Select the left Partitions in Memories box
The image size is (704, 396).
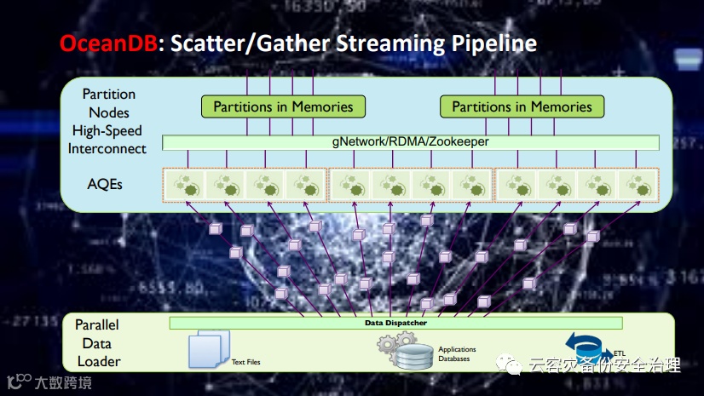coord(283,106)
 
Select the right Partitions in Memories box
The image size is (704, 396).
coord(522,106)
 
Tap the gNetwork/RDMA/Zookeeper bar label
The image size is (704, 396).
coord(411,141)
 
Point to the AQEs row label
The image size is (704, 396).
coord(104,182)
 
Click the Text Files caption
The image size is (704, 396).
coord(246,362)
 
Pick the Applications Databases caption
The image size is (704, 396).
coord(457,354)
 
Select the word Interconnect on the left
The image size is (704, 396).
coord(107,149)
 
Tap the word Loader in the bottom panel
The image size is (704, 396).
coord(98,361)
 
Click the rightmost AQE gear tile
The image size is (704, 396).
coord(638,184)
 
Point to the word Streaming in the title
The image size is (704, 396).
coord(383,43)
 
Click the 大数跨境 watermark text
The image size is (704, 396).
coord(63,382)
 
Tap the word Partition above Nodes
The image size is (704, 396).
coord(108,94)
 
